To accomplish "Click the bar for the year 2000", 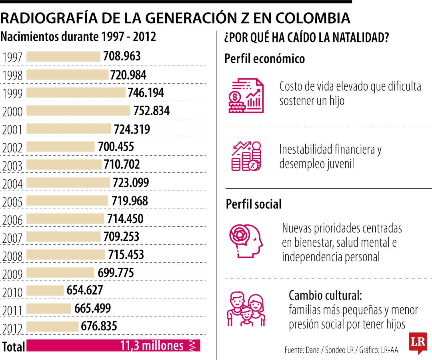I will (x=78, y=110).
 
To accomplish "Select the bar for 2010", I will (x=45, y=290).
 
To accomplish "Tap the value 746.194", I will (x=146, y=93).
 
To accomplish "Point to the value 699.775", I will (x=116, y=273).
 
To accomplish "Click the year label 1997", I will (x=12, y=57).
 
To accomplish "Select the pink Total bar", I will (x=113, y=346).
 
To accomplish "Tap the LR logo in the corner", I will (x=418, y=342).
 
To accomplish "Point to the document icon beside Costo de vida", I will (x=246, y=95).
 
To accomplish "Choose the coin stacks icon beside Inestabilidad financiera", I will (x=246, y=156).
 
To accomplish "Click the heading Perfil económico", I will (x=265, y=59).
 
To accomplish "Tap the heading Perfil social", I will (x=254, y=204).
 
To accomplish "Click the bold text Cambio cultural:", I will (x=325, y=296).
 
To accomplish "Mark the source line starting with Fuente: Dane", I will (x=341, y=350).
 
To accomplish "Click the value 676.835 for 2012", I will (x=99, y=326).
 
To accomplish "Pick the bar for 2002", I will (x=60, y=146).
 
